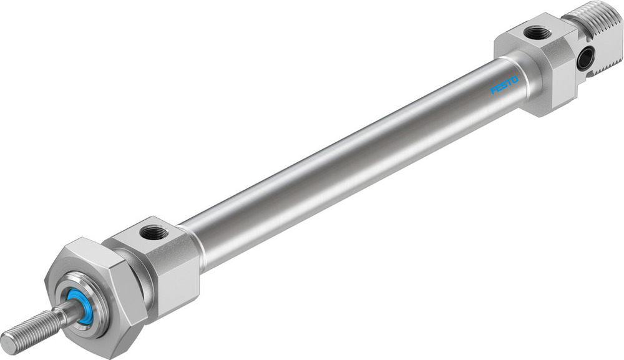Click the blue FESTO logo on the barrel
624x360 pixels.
[x=504, y=85]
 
